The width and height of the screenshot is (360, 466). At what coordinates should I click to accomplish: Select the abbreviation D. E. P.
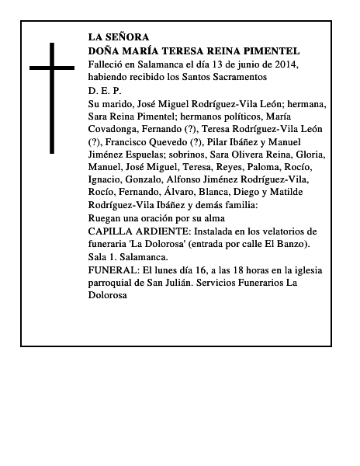click(105, 91)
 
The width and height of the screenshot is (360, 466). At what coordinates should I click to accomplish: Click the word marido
click(121, 103)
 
